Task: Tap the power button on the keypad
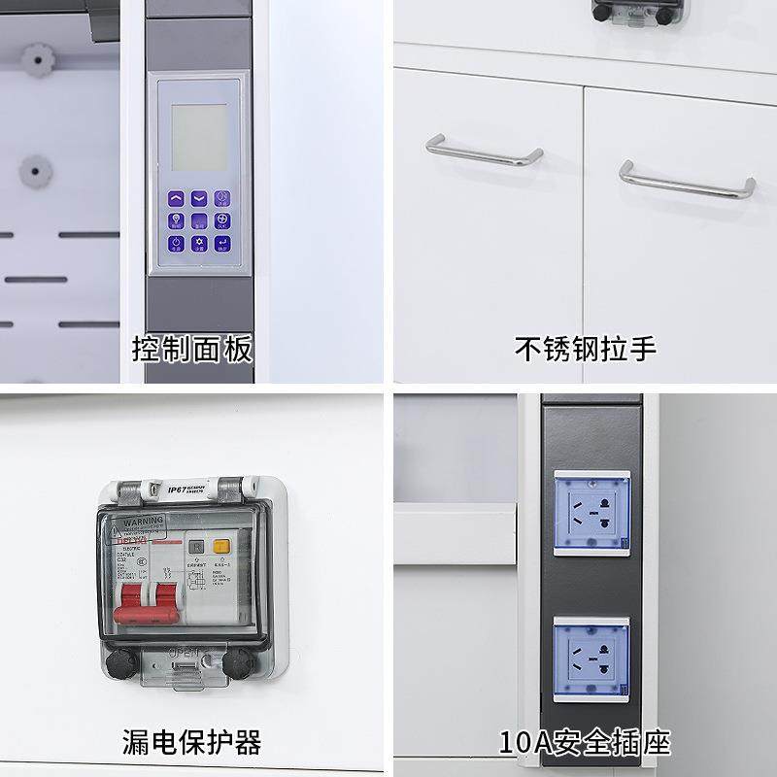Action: pos(177,243)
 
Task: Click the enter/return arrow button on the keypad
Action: pos(221,243)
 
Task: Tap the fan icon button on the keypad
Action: pos(221,220)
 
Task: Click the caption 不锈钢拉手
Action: pos(585,349)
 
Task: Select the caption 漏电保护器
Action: pos(192,743)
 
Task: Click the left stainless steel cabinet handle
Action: pos(484,152)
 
